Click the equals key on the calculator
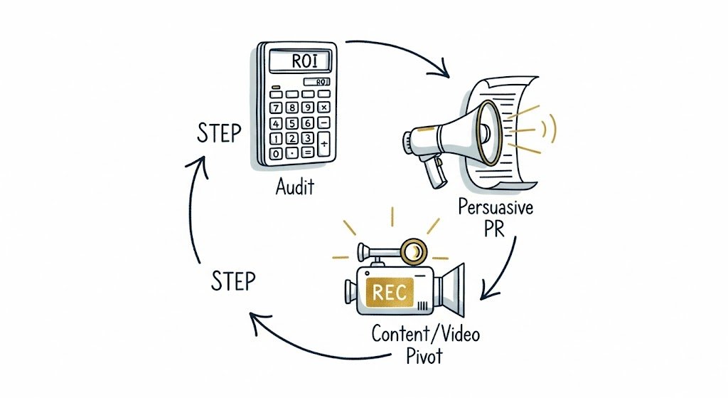[x=307, y=153]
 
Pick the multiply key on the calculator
[x=324, y=107]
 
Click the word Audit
[x=295, y=190]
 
